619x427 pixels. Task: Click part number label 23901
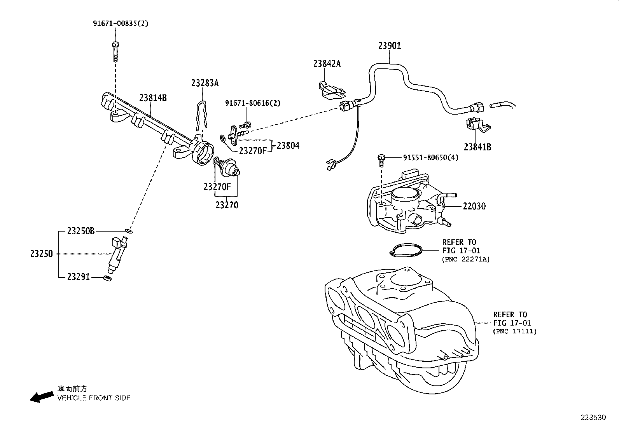(390, 45)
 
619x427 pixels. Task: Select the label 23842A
(327, 64)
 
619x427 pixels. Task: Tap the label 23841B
(477, 147)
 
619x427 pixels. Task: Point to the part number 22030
(474, 206)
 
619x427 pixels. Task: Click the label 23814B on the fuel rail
(153, 98)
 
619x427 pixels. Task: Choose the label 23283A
(205, 83)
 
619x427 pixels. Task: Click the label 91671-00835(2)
(121, 23)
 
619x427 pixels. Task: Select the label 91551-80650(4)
(431, 158)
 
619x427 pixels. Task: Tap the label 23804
(288, 146)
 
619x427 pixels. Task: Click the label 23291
(78, 277)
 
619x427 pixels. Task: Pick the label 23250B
(81, 231)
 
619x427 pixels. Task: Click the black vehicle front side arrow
(42, 397)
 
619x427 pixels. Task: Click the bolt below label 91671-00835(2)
(115, 52)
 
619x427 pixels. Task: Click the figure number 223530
(593, 417)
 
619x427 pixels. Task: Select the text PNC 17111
(514, 331)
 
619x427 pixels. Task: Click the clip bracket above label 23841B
(477, 124)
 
